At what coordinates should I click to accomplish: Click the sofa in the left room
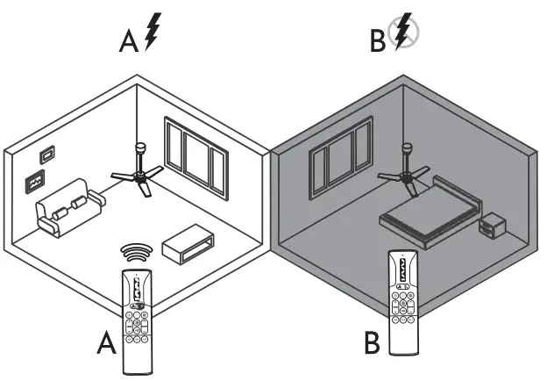point(67,208)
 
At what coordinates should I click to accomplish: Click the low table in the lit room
point(187,242)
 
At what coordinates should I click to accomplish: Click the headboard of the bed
point(458,192)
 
